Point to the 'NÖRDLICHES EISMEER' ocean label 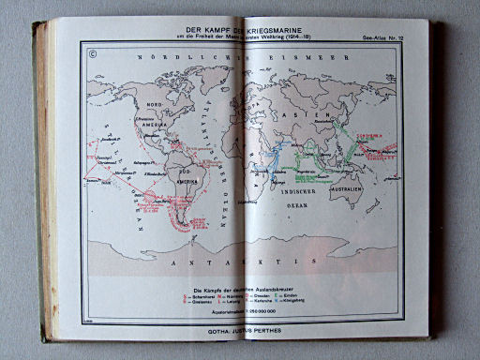[234, 60]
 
